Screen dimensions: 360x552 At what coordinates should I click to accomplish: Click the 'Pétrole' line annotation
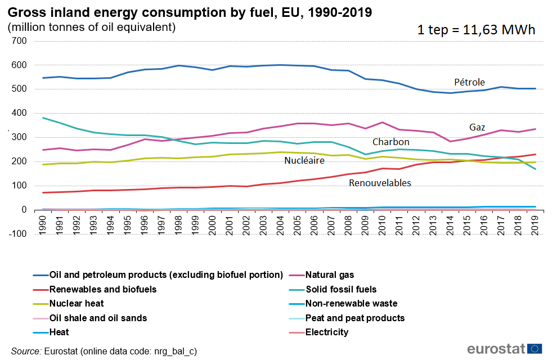coord(469,82)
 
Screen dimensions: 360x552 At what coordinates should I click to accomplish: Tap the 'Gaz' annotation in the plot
coord(477,127)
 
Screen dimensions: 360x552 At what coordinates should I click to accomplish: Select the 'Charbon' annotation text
coord(391,142)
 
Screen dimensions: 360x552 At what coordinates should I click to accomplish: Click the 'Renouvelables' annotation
coord(380,183)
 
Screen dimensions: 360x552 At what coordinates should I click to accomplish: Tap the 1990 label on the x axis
coord(43,222)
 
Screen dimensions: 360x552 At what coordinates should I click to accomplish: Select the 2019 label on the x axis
coord(535,222)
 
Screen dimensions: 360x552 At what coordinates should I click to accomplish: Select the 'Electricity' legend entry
coord(327,332)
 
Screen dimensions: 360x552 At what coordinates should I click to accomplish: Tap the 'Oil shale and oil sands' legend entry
coord(98,318)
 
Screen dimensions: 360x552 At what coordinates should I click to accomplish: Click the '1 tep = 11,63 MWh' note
coord(475,30)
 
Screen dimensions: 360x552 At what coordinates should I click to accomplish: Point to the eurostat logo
coord(504,349)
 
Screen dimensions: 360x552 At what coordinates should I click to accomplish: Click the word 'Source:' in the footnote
coord(26,351)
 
